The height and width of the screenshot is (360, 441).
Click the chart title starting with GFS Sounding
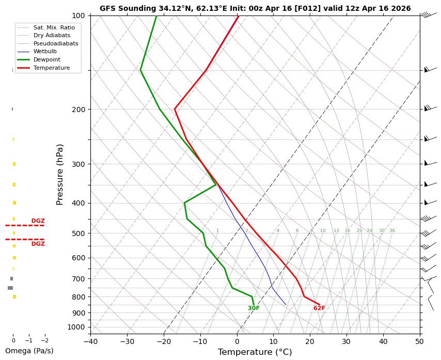tap(255, 8)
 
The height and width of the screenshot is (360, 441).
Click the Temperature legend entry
tap(51, 68)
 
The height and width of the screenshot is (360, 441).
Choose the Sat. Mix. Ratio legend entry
tap(50, 27)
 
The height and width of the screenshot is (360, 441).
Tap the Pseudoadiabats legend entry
tap(55, 43)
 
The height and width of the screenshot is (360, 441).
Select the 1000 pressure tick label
tap(76, 327)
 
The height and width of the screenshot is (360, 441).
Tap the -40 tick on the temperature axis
tap(90, 341)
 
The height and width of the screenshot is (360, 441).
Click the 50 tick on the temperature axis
tap(420, 341)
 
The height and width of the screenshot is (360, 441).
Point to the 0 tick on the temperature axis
tap(237, 341)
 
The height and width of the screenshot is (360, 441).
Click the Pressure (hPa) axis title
tap(60, 174)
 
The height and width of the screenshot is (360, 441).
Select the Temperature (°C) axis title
tap(255, 352)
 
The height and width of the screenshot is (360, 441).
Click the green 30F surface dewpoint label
tap(254, 308)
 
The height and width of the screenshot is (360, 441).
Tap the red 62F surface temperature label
tap(319, 308)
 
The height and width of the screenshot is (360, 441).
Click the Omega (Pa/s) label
tap(29, 351)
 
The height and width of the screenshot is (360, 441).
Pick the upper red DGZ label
tap(38, 221)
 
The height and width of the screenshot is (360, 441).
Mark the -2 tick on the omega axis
tap(44, 341)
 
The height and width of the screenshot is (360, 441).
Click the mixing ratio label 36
tap(392, 231)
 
